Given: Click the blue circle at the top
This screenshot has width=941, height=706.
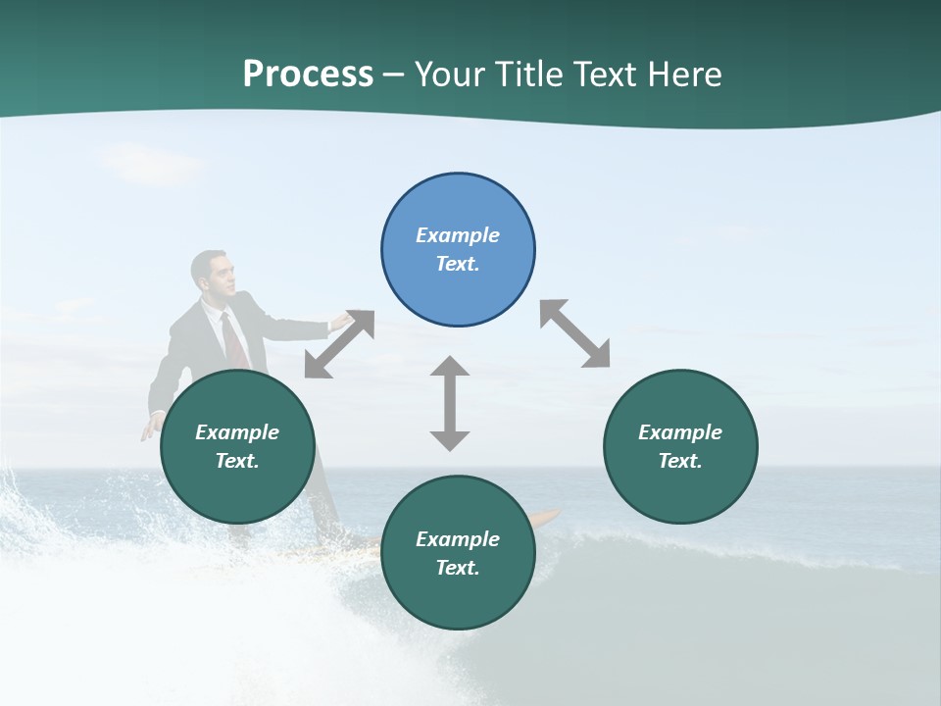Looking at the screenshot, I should tap(458, 250).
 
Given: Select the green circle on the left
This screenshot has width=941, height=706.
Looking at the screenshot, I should tap(237, 446).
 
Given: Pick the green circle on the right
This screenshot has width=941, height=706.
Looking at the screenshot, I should tap(680, 446).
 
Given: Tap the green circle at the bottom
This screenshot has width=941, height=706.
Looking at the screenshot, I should tap(458, 553).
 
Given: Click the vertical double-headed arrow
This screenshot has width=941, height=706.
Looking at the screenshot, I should tap(450, 403).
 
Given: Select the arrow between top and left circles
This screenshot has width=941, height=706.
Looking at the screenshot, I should tap(339, 343).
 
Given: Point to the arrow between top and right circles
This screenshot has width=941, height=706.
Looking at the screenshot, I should tap(574, 333).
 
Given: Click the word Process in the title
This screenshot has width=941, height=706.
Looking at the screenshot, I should tap(308, 75).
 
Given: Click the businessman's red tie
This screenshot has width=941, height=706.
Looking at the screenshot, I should tap(232, 338).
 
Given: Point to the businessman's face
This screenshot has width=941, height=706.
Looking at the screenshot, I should tap(218, 275).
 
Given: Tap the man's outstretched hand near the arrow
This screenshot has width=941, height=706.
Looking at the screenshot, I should tap(340, 320).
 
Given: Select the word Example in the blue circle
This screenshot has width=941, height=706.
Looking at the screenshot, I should tap(458, 235).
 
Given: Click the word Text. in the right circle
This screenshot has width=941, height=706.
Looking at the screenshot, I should tap(680, 461).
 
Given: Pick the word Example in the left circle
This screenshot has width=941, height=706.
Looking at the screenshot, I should tap(237, 432).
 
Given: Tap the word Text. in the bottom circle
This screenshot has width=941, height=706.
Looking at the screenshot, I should tap(458, 568).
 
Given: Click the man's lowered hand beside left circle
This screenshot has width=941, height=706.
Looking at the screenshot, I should tap(152, 428).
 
